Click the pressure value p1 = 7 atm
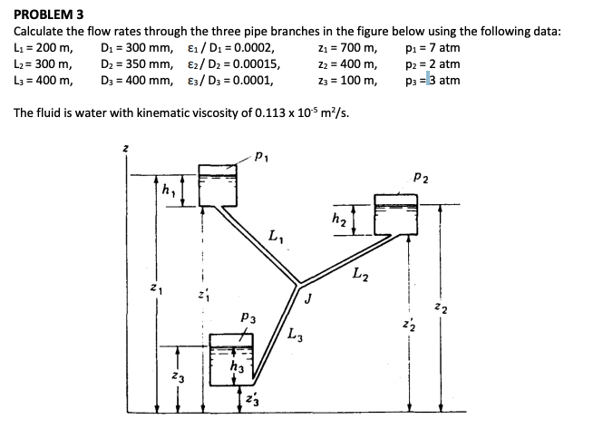[x=428, y=48]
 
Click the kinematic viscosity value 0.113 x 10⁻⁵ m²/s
[x=288, y=113]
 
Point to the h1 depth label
[x=167, y=192]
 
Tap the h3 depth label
[x=239, y=366]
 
